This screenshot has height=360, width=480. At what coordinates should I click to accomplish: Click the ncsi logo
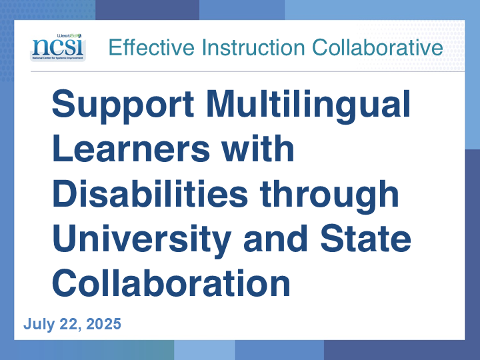[58, 47]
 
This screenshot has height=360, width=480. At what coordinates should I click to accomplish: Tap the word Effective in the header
[151, 47]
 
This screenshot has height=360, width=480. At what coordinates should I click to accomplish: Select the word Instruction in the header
[253, 47]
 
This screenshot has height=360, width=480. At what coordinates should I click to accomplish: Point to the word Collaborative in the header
[377, 47]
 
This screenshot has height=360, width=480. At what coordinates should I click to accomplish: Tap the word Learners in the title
[131, 149]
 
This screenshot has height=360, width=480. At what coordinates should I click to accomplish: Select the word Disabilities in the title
[150, 193]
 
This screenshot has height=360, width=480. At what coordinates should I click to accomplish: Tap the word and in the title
[275, 239]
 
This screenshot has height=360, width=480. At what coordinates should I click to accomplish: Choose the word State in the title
[365, 239]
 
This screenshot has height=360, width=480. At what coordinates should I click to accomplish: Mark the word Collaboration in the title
[171, 283]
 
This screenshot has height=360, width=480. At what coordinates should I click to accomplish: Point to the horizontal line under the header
[247, 71]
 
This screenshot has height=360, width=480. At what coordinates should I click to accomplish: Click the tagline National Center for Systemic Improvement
[58, 57]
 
